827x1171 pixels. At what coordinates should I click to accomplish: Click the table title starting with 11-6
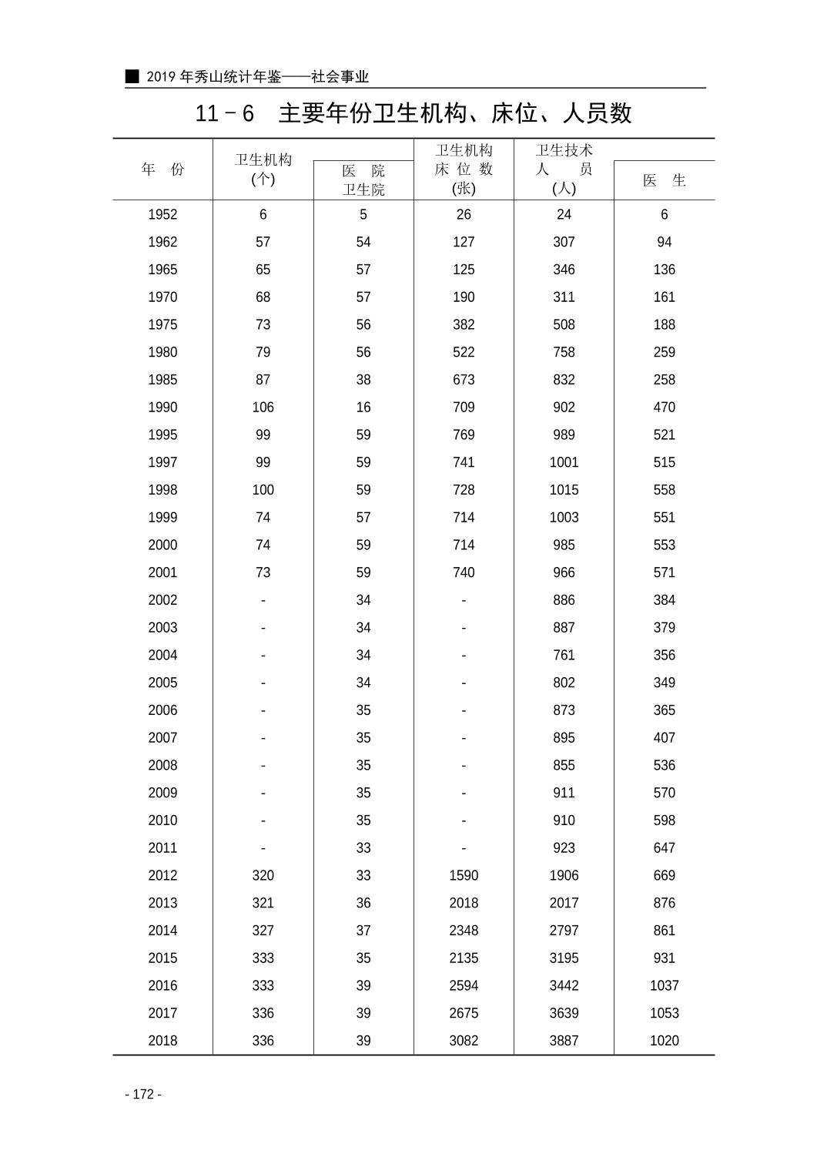(x=413, y=113)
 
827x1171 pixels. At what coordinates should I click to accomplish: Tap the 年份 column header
(x=162, y=169)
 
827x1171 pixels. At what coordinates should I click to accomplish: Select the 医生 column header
(x=664, y=180)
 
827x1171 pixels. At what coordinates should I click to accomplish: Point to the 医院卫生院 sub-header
(x=363, y=180)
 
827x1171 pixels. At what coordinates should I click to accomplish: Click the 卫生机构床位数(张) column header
(x=464, y=169)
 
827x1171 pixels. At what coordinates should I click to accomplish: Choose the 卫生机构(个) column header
(x=263, y=169)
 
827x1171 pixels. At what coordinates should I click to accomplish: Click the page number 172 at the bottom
(x=143, y=1095)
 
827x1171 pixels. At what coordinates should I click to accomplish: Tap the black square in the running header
(x=132, y=76)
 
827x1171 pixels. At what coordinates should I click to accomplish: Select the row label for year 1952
(x=162, y=215)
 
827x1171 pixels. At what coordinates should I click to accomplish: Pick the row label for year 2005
(x=162, y=683)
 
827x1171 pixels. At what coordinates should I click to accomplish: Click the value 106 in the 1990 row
(x=263, y=408)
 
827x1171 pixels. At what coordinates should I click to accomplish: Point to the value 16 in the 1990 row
(x=363, y=408)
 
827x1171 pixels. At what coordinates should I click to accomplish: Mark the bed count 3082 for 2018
(x=464, y=1041)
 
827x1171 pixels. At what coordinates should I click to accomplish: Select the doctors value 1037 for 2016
(x=664, y=985)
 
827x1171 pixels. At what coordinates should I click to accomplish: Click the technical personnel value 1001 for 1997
(x=564, y=462)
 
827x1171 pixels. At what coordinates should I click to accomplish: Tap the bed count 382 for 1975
(x=464, y=325)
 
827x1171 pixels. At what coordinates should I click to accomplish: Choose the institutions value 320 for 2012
(x=263, y=875)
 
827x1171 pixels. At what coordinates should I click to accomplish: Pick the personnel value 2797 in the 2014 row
(x=564, y=931)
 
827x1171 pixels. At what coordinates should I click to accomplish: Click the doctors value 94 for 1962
(x=664, y=243)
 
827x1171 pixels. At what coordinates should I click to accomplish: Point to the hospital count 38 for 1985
(x=363, y=380)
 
